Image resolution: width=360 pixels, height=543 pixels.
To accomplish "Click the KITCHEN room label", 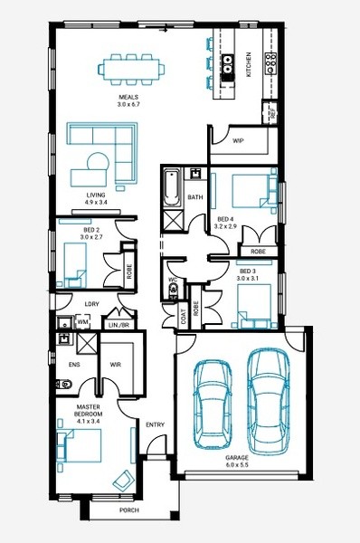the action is pyautogui.click(x=248, y=64).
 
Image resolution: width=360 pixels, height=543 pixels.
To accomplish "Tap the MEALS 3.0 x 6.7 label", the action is pyautogui.click(x=128, y=100).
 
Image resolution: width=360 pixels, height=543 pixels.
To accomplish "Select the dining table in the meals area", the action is pyautogui.click(x=131, y=70).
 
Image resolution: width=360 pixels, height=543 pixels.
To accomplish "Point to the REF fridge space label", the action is pyautogui.click(x=273, y=112).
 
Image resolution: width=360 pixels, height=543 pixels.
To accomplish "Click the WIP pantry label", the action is pyautogui.click(x=238, y=140).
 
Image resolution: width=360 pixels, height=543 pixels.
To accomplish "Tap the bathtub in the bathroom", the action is pyautogui.click(x=172, y=187).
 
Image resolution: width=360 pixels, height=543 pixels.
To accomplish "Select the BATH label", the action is pyautogui.click(x=195, y=197).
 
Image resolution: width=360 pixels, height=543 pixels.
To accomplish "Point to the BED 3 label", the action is pyautogui.click(x=247, y=271).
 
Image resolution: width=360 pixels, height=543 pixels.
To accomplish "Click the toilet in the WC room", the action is pyautogui.click(x=173, y=291).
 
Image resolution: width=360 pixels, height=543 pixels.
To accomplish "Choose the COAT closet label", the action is pyautogui.click(x=184, y=317).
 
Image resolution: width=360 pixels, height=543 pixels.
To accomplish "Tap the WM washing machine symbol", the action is pyautogui.click(x=82, y=321).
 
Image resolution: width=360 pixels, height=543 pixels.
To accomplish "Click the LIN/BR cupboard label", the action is pyautogui.click(x=118, y=326).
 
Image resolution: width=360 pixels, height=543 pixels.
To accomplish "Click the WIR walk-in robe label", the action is pyautogui.click(x=115, y=365).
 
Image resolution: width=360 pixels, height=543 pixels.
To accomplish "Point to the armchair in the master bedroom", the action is pyautogui.click(x=123, y=481).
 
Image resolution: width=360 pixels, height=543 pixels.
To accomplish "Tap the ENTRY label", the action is pyautogui.click(x=155, y=424).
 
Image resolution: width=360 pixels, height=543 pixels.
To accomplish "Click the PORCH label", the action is pyautogui.click(x=129, y=510).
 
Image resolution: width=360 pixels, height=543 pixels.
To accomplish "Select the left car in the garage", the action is pyautogui.click(x=213, y=405).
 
